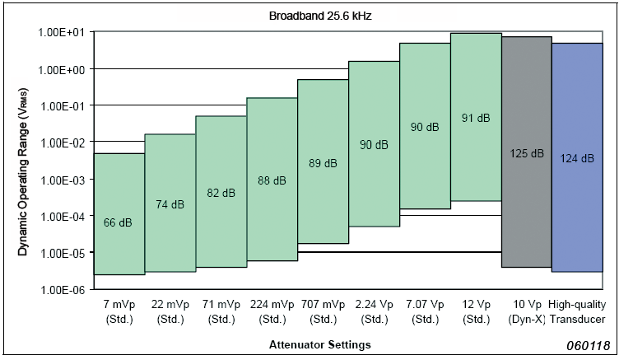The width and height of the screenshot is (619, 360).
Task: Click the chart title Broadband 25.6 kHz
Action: (x=309, y=16)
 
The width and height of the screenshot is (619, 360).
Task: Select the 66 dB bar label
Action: (x=119, y=222)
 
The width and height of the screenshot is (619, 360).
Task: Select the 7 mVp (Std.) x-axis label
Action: (x=119, y=312)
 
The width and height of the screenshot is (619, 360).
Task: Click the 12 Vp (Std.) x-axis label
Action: (x=476, y=312)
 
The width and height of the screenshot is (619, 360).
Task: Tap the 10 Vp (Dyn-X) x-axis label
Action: (x=526, y=312)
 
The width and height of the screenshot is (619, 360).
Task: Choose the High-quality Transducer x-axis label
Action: (x=577, y=312)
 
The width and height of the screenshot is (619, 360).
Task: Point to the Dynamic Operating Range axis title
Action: (x=26, y=161)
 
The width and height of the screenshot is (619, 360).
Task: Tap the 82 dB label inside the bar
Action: (x=221, y=193)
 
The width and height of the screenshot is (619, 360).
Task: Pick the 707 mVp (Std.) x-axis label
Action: (x=323, y=312)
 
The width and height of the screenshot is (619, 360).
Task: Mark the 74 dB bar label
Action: (x=170, y=204)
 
